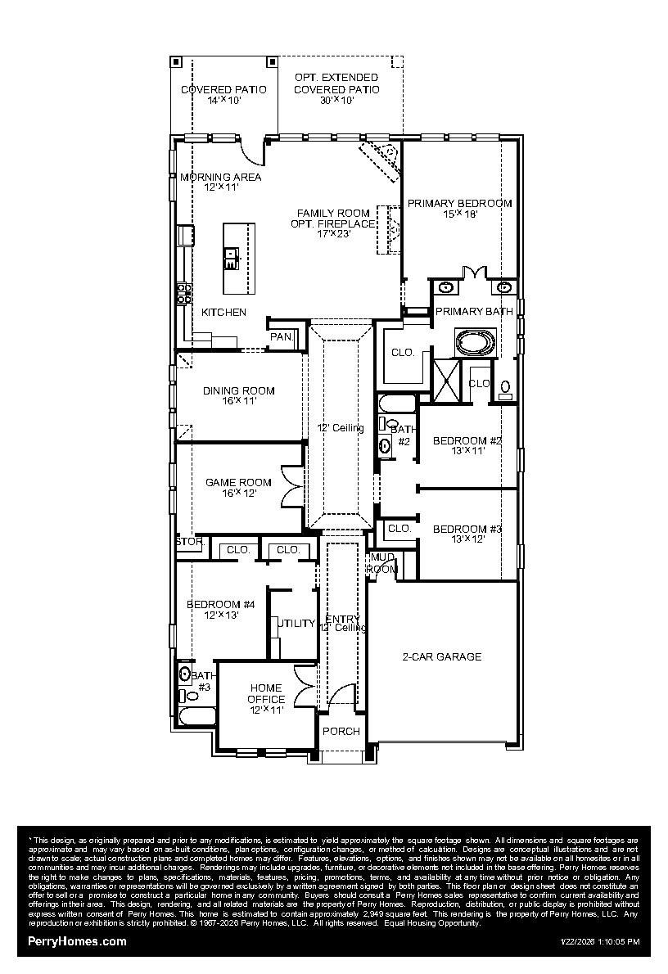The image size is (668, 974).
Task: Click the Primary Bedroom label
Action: (459, 209)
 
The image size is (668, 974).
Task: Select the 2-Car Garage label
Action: (441, 656)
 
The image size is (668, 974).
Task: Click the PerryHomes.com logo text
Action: (78, 941)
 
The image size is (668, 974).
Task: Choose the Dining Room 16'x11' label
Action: (239, 396)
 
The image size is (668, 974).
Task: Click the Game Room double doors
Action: (291, 486)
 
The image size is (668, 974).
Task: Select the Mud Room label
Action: (382, 563)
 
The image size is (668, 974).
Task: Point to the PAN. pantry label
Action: (282, 336)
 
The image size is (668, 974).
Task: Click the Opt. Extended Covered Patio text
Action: (336, 83)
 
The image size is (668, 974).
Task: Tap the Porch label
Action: (341, 731)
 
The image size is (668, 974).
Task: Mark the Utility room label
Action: (296, 624)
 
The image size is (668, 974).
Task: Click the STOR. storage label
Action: (189, 542)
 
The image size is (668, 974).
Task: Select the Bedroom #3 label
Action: (467, 534)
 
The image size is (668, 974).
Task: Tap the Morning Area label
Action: (221, 182)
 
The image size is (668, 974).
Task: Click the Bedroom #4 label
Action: (221, 610)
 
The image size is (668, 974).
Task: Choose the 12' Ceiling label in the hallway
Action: (341, 428)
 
